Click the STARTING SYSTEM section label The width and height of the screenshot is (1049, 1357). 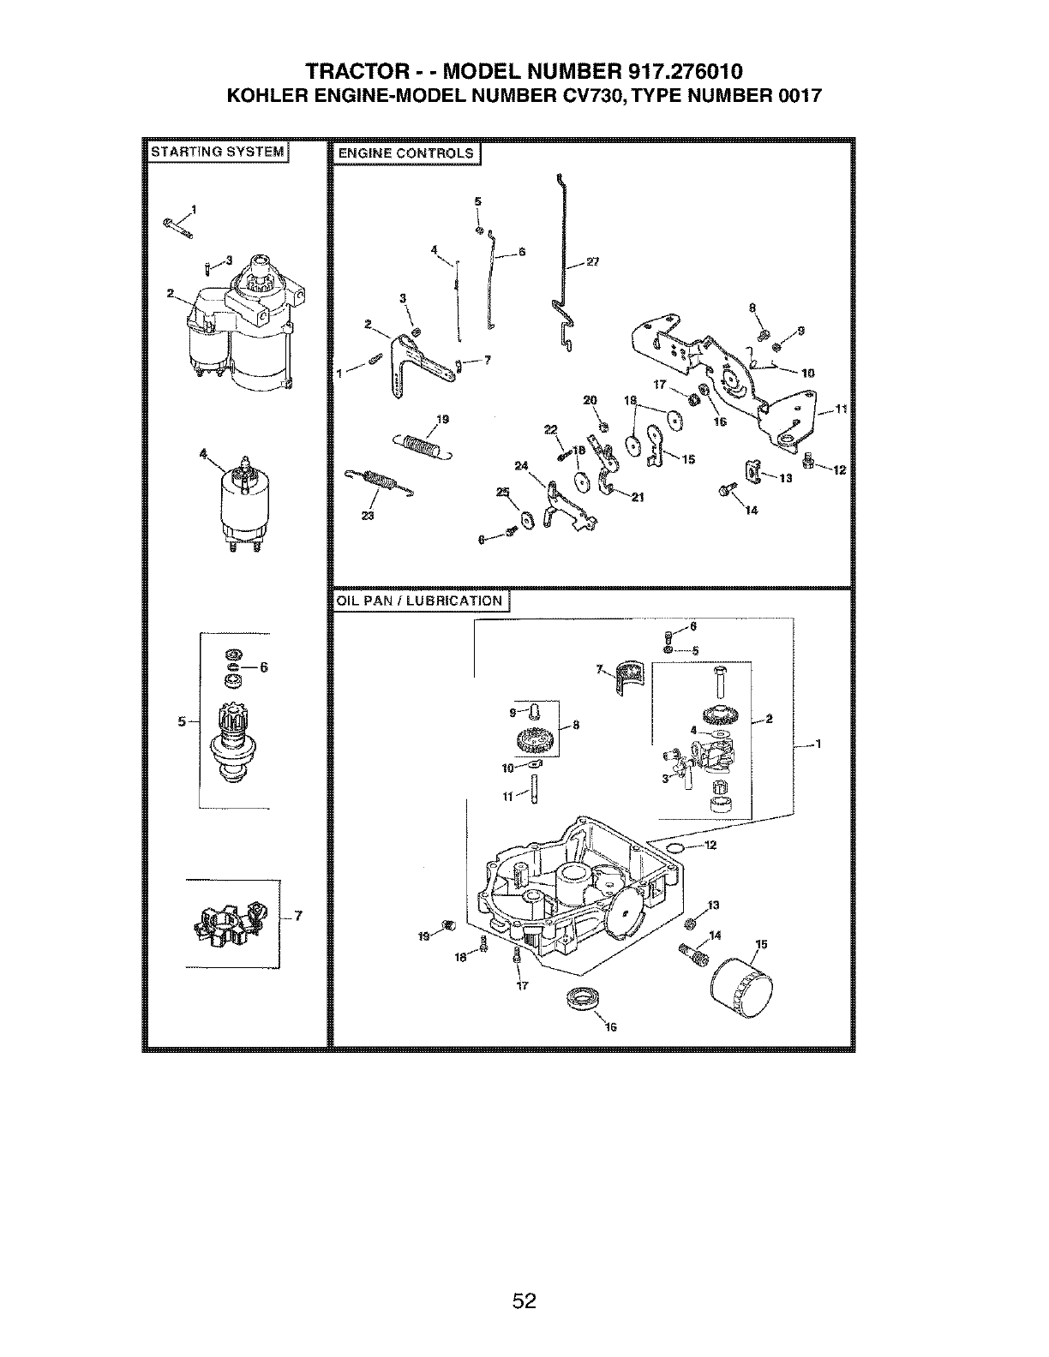(x=217, y=152)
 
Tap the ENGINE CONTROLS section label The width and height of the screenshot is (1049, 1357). (x=405, y=153)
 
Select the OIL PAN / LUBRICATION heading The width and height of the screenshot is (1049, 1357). (x=419, y=601)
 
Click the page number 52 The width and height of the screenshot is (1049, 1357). (x=524, y=1277)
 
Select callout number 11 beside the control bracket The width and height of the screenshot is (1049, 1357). (x=841, y=409)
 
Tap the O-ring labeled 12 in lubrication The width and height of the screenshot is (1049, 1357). (x=675, y=846)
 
